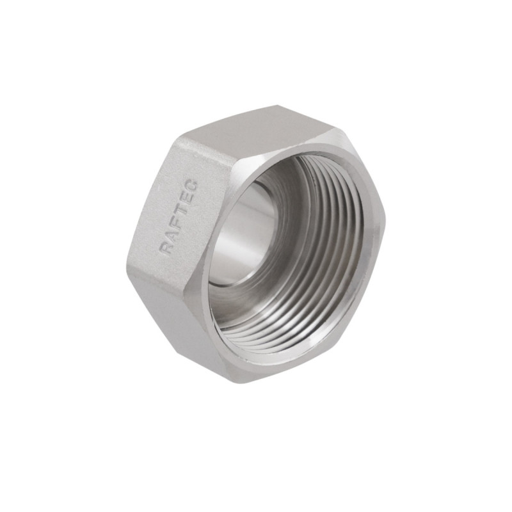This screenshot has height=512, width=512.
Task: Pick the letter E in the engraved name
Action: [x=186, y=198]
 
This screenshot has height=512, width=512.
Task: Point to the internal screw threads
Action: [x=320, y=256]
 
